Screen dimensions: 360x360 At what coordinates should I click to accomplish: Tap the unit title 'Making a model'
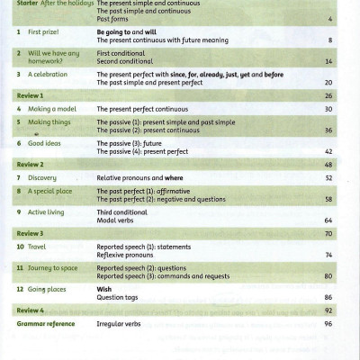49,108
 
